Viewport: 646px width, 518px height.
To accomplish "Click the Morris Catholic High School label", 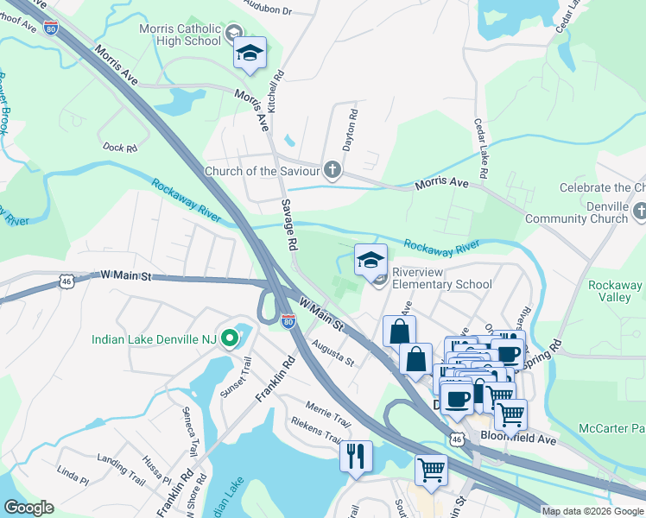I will tap(180, 35).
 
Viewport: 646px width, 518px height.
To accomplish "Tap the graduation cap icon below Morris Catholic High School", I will tap(250, 54).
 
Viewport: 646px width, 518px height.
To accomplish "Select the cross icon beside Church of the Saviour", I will tap(332, 169).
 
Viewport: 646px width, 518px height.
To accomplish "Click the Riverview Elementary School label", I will tap(442, 277).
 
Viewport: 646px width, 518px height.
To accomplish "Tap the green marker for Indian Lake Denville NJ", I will tap(229, 338).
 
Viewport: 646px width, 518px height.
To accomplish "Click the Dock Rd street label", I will tap(119, 148).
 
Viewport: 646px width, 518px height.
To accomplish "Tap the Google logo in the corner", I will tap(28, 508).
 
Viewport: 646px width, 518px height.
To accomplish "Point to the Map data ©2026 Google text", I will tap(592, 511).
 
